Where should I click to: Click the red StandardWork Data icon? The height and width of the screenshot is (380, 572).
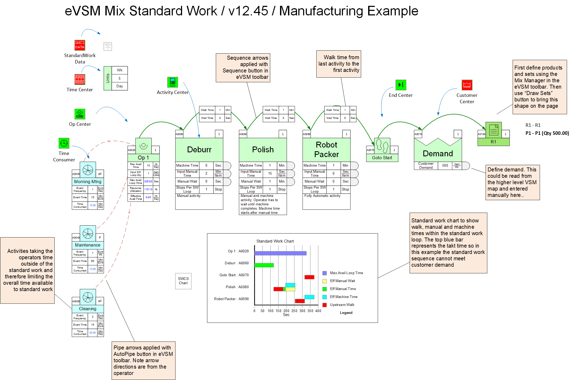[x=80, y=45]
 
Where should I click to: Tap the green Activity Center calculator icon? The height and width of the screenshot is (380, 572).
[x=173, y=82]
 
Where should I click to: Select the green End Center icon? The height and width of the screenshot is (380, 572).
[x=401, y=85]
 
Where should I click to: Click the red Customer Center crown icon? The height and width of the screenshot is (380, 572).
[x=467, y=85]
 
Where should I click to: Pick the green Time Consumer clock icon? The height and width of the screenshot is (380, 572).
[x=64, y=143]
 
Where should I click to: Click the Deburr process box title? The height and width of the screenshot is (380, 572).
[x=199, y=150]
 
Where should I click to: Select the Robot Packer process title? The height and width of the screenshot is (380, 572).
[x=326, y=150]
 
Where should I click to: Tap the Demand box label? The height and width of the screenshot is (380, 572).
[x=438, y=154]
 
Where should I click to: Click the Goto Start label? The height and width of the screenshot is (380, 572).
[x=382, y=158]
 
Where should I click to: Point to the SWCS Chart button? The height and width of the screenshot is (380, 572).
[x=183, y=281]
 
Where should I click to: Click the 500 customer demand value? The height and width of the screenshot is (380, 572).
[x=445, y=166]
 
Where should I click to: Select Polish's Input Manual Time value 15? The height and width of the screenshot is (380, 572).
[x=270, y=174]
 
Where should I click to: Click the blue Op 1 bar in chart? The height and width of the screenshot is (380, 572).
[x=280, y=253]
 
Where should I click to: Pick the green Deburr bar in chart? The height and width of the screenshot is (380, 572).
[x=264, y=265]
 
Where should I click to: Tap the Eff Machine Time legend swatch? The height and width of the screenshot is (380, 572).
[x=324, y=297]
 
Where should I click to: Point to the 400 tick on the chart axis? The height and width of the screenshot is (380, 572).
[x=318, y=311]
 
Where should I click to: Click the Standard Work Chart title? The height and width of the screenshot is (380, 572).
[x=275, y=241]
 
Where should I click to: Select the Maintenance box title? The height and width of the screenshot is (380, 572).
[x=88, y=245]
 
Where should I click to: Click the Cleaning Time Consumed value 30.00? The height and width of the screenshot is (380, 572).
[x=92, y=333]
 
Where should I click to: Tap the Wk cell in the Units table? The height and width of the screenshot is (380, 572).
[x=120, y=70]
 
